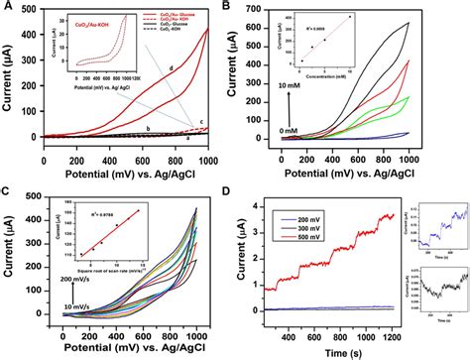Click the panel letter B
click(253, 9)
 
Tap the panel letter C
click(10, 189)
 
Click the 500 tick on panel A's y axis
click(32, 12)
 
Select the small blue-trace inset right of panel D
click(440, 228)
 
